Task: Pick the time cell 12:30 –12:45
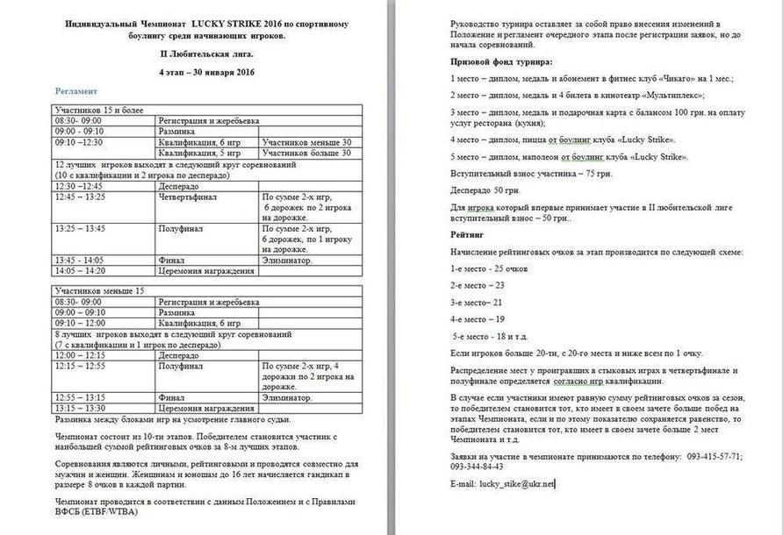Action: pos(78,186)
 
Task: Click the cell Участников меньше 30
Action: pos(306,141)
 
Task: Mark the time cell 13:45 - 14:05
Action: pos(80,260)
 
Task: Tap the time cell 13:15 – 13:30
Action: pos(79,408)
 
